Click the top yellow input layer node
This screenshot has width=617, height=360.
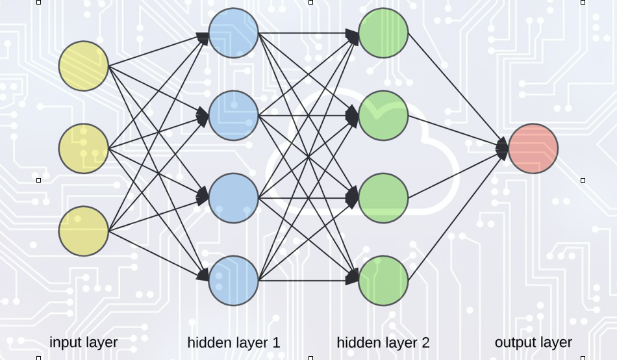point(83,66)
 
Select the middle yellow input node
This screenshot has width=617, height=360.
point(83,149)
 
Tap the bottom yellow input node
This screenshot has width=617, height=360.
point(83,231)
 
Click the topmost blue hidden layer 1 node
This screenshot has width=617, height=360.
point(234,32)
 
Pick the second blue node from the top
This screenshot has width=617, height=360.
point(234,116)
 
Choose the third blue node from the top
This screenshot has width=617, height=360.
point(234,198)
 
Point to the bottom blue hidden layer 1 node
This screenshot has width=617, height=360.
point(234,280)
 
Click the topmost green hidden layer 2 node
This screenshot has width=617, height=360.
point(383,32)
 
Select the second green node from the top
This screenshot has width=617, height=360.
point(383,116)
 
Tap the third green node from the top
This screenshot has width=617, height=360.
point(383,198)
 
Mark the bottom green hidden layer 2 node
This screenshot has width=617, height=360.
point(383,280)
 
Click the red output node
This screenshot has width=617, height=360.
point(533,149)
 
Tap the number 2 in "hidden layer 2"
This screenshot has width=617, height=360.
point(425,342)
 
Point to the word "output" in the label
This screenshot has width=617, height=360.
point(514,342)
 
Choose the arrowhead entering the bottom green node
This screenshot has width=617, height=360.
point(353,278)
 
